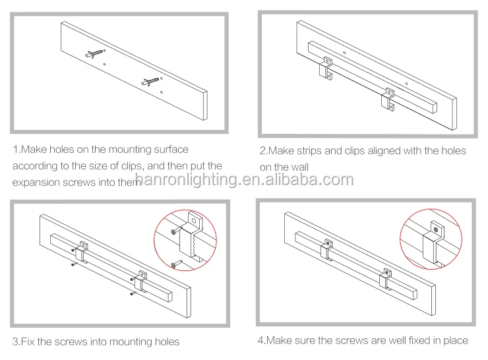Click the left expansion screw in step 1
[94, 53]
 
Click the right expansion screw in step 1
[150, 82]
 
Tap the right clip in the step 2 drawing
[388, 100]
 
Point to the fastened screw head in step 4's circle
[436, 230]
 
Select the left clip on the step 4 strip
[326, 249]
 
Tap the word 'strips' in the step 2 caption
[309, 151]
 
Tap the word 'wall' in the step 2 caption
[299, 167]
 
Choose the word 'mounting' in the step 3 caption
[131, 342]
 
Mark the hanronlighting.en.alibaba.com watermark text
[244, 179]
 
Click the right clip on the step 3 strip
[140, 282]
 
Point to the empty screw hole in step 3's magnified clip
[194, 222]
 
